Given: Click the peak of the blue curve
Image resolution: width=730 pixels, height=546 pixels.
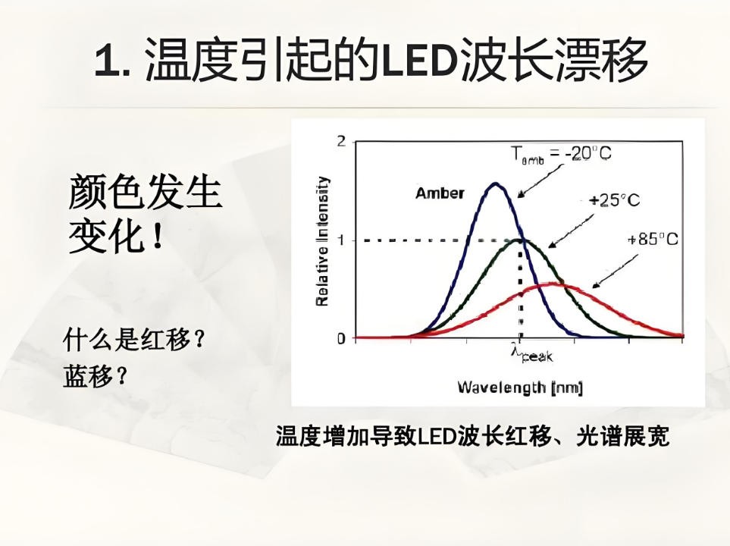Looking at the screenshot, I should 496,184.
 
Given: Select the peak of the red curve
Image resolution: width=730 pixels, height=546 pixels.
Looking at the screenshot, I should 555,284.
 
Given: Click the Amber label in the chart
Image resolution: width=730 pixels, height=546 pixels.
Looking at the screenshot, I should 440,193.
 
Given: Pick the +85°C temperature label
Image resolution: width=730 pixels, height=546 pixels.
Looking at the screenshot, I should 652,239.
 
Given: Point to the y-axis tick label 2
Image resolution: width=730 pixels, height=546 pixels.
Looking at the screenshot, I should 341,142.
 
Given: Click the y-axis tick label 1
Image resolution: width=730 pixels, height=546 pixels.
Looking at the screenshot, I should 341,240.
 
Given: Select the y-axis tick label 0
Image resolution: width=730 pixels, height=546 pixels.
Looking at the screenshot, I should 341,337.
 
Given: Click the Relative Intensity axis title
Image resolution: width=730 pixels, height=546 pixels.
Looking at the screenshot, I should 322,241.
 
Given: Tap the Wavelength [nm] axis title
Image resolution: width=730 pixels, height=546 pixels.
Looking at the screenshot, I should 519,388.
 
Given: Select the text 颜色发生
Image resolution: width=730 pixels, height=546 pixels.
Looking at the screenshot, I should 145,191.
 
